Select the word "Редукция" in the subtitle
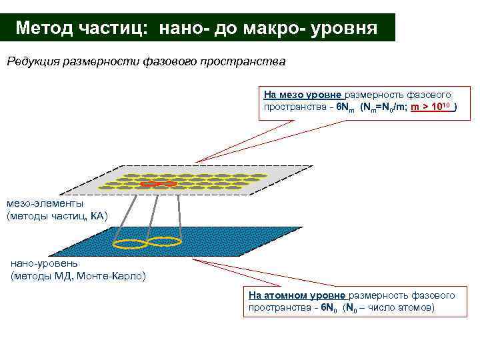pos(33,62)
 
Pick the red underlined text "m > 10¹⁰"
pos(431,107)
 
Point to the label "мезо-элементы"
pos(45,203)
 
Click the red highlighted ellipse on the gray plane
pos(159,183)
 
